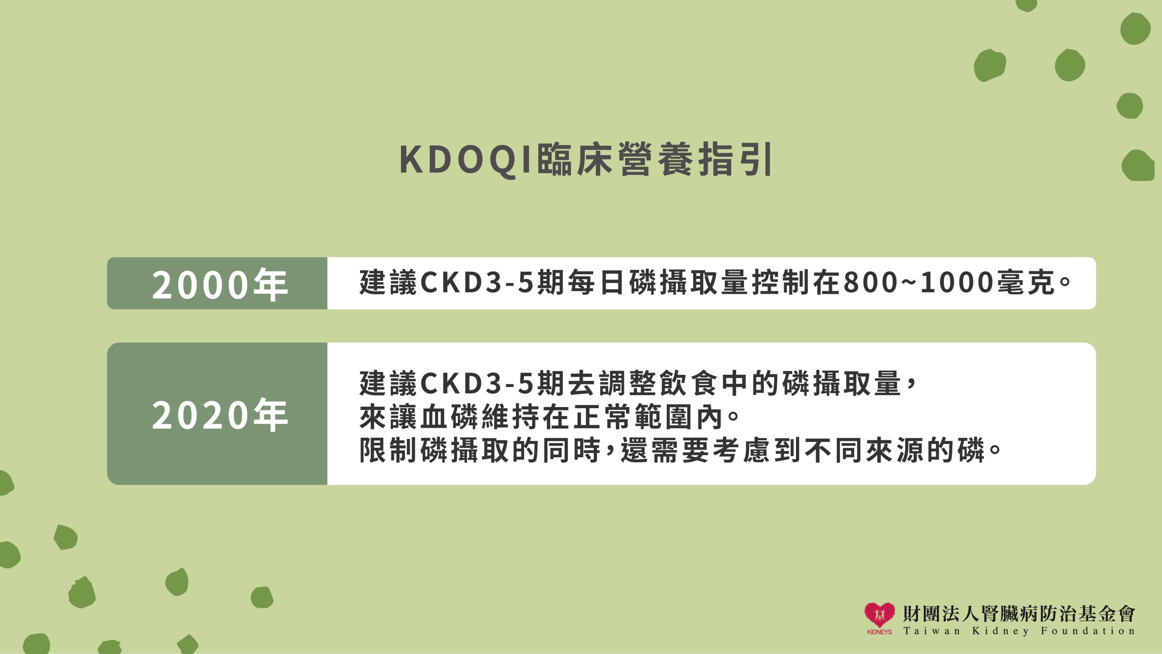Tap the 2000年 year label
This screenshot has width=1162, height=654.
(x=220, y=285)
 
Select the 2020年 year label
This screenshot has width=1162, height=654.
(x=220, y=415)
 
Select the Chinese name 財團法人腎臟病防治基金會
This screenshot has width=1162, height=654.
(x=1019, y=613)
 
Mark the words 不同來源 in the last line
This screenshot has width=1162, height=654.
(x=865, y=451)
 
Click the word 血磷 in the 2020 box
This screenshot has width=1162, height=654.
(x=450, y=417)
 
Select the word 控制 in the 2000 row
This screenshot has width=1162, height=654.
(x=781, y=283)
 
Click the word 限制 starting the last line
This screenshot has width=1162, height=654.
(x=389, y=451)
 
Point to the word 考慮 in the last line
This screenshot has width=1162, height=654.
(x=743, y=451)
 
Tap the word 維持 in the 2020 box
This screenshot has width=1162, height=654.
(x=511, y=417)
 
